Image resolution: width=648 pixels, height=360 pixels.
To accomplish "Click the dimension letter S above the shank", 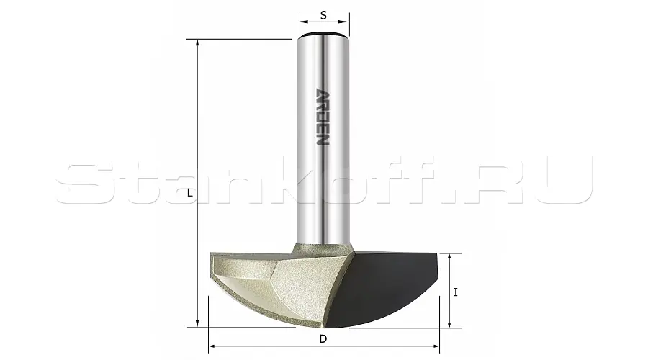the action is tap(323, 15).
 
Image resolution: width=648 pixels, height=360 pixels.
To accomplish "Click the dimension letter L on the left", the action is tap(189, 193).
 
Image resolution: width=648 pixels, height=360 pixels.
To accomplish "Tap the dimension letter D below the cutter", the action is tap(323, 339).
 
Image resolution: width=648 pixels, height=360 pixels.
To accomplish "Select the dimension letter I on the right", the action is tap(456, 292).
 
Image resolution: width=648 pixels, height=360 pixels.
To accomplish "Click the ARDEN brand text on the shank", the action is tap(323, 117).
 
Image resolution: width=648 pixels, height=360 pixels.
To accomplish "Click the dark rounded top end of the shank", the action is tap(323, 35).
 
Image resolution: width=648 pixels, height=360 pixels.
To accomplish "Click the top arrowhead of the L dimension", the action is tap(197, 42).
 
